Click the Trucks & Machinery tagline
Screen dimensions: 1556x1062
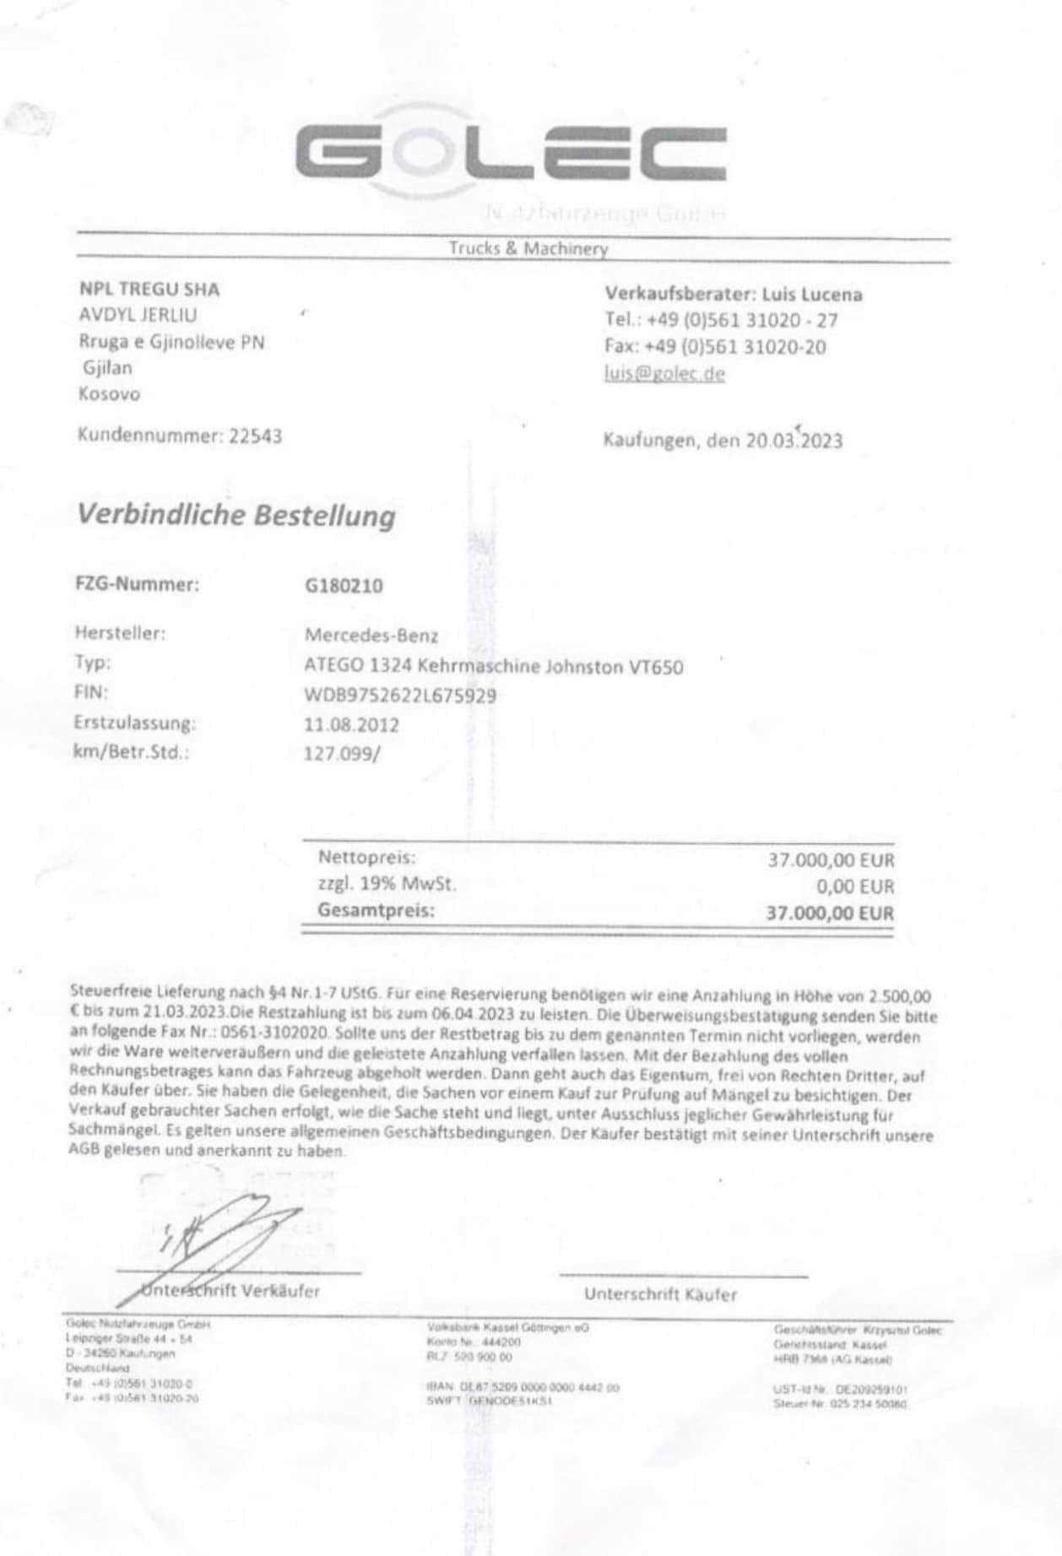(528, 249)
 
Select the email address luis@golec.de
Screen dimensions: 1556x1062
(664, 373)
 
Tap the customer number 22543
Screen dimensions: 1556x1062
(256, 436)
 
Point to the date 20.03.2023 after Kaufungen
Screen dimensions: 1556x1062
(794, 440)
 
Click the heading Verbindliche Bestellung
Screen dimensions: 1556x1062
(236, 515)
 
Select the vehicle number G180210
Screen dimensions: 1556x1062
(344, 585)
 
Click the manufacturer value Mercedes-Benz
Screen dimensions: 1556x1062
(371, 635)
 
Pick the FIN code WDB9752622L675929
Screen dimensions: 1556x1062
(400, 696)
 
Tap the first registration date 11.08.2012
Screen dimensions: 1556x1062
(351, 724)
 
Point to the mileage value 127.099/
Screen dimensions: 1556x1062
(342, 753)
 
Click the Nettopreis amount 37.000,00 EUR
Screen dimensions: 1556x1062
(830, 860)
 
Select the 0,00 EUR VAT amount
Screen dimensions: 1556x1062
(854, 886)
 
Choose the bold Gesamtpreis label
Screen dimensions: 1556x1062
(377, 911)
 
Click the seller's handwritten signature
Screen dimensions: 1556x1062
(224, 1229)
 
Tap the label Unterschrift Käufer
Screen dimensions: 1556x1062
(660, 1294)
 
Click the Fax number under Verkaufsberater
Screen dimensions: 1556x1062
(734, 347)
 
